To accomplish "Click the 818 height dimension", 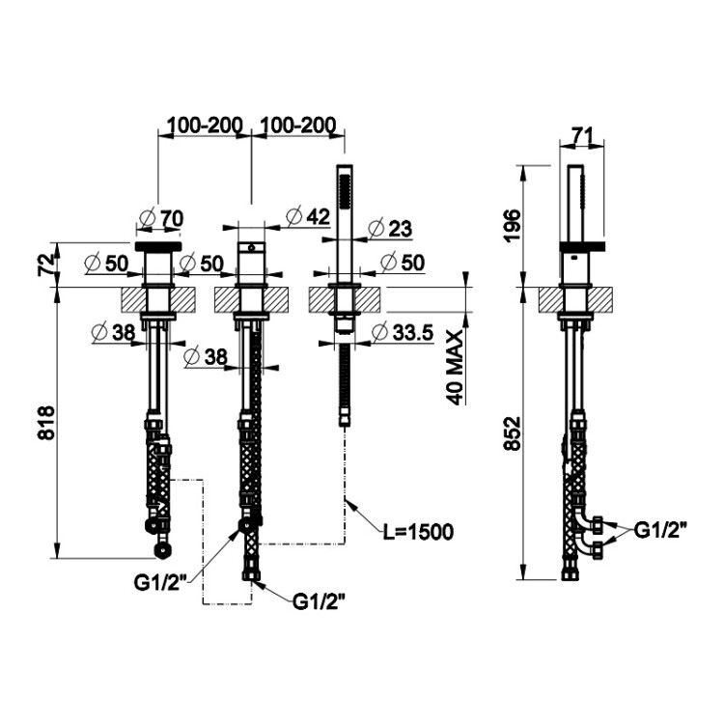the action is pyautogui.click(x=46, y=423).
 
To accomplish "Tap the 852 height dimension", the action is pyautogui.click(x=513, y=433).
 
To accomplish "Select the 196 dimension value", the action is pyautogui.click(x=513, y=226).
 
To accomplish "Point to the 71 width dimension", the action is pyautogui.click(x=582, y=135).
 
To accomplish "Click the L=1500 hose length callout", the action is pyautogui.click(x=418, y=532).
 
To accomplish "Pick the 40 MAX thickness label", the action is pyautogui.click(x=456, y=368).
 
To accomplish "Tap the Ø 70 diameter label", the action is pyautogui.click(x=161, y=218).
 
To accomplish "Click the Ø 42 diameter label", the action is pyautogui.click(x=308, y=216).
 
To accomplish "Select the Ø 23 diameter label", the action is pyautogui.click(x=390, y=229).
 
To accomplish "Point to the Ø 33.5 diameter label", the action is pyautogui.click(x=403, y=332).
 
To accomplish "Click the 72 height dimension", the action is pyautogui.click(x=46, y=265).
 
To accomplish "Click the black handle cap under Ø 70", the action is pyautogui.click(x=158, y=246).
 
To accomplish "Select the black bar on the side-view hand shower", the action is pyautogui.click(x=582, y=247).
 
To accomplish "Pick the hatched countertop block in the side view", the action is pyautogui.click(x=576, y=299).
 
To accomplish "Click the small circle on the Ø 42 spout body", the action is pyautogui.click(x=251, y=247).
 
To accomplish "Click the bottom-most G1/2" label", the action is pyautogui.click(x=320, y=601).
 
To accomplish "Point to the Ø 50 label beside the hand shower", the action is pyautogui.click(x=403, y=263).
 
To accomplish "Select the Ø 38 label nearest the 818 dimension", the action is pyautogui.click(x=114, y=332).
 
